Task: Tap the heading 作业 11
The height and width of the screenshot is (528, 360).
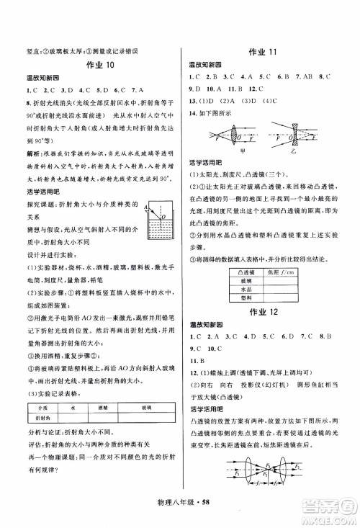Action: click(x=267, y=52)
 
